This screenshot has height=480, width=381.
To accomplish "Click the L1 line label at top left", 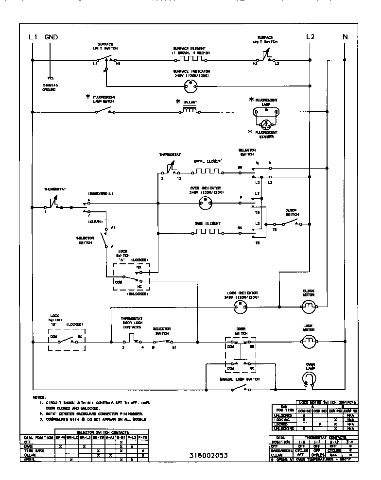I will pos(33,37).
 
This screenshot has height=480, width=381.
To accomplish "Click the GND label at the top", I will pos(52,37).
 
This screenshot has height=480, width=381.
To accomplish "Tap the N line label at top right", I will pos(346,37).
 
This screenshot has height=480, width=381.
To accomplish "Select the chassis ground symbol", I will pos(49,78).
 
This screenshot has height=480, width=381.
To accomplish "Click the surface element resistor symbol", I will pos(190,59).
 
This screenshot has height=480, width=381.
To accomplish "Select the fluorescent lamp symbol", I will pos(265,112).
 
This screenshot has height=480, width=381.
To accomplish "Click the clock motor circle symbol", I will pos(309,306).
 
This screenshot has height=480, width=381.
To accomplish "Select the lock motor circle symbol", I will pos(309,343).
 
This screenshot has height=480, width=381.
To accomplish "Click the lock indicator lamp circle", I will pos(239,306).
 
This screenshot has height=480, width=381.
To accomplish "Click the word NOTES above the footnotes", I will pos(39,397).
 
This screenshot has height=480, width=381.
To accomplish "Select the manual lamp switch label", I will pos(240,378).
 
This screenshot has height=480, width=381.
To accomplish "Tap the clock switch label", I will pos(292,212).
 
